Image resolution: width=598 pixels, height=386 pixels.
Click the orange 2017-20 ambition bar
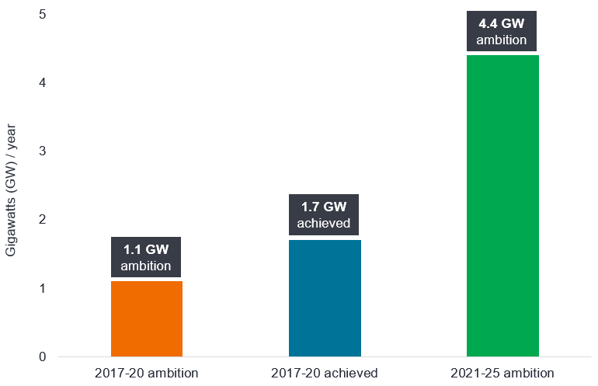(147, 318)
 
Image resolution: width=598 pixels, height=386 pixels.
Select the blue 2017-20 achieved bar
(325, 298)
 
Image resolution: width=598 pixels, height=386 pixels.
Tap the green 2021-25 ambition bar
(502, 206)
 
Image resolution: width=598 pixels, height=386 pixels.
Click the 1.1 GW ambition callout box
(147, 257)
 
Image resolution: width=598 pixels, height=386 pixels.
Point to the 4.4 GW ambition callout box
(502, 31)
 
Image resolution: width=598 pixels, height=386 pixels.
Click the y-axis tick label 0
(42, 357)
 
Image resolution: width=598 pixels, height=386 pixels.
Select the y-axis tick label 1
(42, 289)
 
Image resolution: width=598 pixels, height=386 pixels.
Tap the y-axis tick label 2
(42, 220)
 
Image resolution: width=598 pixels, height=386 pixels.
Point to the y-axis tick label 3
(42, 151)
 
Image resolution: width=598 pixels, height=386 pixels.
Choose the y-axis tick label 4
(42, 83)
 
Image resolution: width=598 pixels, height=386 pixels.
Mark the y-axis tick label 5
(42, 15)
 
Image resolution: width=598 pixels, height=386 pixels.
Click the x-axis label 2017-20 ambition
(147, 374)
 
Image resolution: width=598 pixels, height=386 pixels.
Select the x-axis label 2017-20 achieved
(325, 374)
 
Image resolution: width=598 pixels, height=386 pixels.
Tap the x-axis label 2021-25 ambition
(502, 374)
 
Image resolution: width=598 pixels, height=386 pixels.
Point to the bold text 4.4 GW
(502, 23)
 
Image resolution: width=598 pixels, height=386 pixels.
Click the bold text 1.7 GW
(325, 208)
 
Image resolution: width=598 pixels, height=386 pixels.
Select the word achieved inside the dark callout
(325, 224)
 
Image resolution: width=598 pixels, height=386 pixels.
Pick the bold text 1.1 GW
(147, 249)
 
